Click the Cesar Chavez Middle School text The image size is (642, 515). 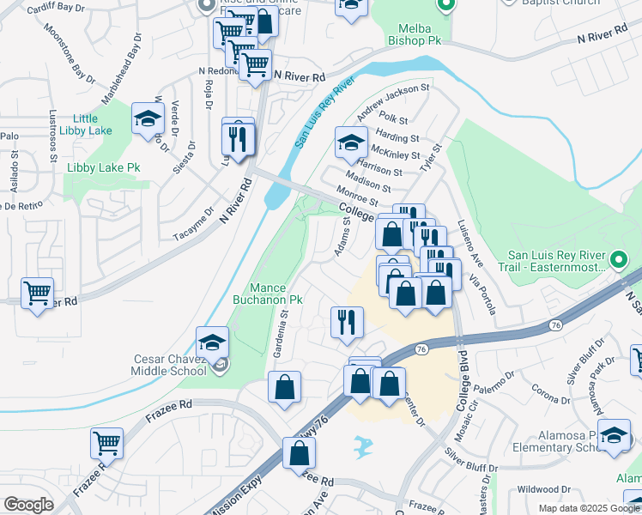click(x=169, y=365)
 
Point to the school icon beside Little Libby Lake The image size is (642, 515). click(x=148, y=119)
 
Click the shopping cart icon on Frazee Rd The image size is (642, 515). click(x=107, y=444)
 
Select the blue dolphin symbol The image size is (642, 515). click(x=364, y=445)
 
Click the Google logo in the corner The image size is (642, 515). click(x=28, y=505)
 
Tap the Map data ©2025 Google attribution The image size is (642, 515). click(x=588, y=508)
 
